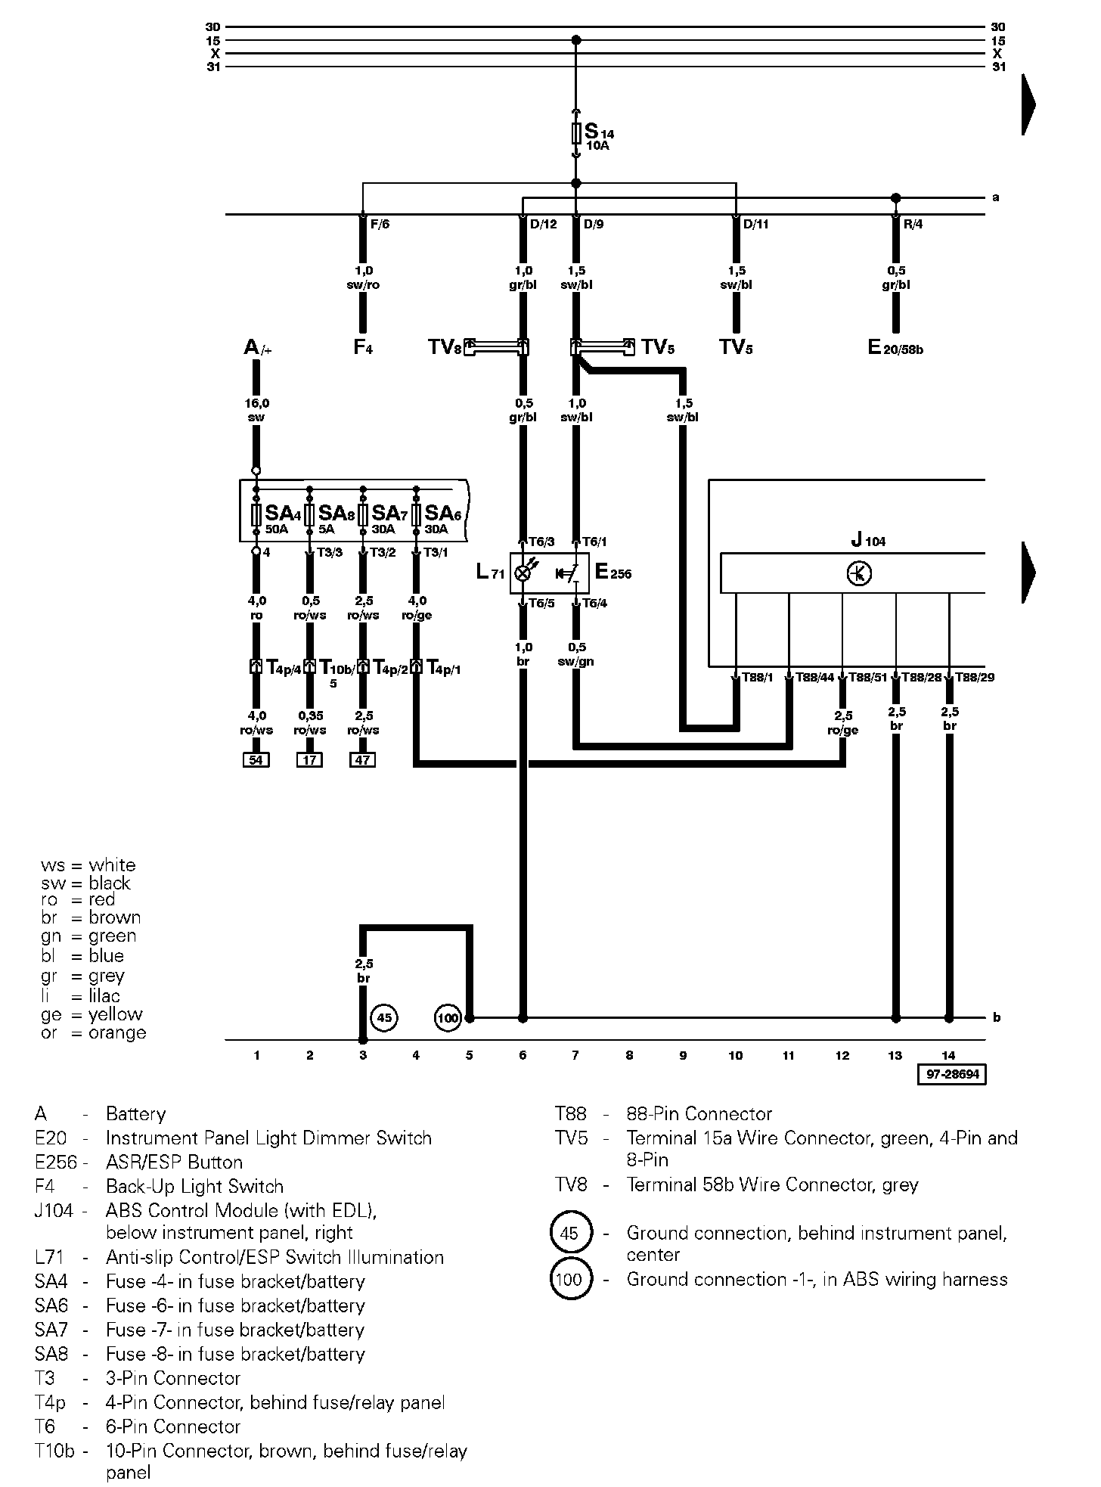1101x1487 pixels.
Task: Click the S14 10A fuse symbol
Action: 576,134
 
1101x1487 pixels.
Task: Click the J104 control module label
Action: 867,540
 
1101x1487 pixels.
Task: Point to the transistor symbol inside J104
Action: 859,573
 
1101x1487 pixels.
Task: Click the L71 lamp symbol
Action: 523,573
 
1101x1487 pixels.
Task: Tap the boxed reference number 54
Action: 256,760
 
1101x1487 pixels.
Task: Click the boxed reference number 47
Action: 363,760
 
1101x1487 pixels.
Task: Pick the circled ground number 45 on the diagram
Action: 384,1018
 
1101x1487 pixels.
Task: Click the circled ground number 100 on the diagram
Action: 448,1018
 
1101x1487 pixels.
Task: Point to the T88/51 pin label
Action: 867,678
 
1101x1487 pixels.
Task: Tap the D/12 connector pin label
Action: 543,225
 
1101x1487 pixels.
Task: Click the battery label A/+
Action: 256,348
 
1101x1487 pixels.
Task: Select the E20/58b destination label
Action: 895,348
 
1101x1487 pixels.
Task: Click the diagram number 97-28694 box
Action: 952,1074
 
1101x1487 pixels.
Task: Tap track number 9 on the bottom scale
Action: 683,1056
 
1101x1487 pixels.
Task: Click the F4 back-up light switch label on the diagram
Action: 363,348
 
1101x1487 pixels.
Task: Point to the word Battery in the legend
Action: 135,1114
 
